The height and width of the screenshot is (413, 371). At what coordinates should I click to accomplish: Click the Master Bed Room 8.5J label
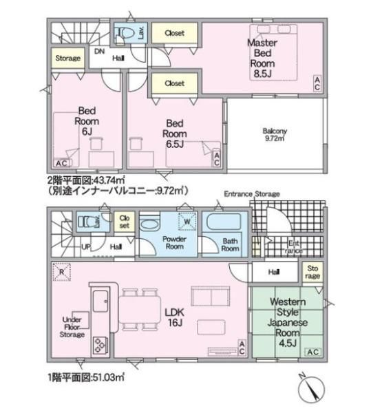tap(262, 59)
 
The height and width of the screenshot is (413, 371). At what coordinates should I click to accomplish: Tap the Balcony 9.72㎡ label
tap(275, 134)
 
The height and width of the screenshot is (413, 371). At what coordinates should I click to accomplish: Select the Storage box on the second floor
tap(68, 58)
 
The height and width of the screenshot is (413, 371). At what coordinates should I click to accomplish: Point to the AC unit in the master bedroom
tap(317, 83)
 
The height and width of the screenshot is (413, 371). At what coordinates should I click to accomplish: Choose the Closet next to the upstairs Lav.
tap(175, 33)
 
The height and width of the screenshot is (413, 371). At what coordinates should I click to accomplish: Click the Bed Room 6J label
tap(87, 121)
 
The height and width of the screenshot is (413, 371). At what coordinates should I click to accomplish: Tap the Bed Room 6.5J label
tap(175, 134)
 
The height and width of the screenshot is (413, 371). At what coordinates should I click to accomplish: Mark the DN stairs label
tap(99, 52)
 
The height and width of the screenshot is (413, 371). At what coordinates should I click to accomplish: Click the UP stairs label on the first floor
tap(86, 247)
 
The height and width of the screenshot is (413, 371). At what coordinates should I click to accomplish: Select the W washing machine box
tap(187, 221)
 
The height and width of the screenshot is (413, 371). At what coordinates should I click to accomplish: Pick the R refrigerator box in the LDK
tap(62, 272)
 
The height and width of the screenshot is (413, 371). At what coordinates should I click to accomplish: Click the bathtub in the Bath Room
tap(224, 222)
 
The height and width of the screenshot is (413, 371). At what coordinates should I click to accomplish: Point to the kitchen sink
tap(100, 301)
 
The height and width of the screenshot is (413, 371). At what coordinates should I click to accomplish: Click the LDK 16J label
tap(174, 317)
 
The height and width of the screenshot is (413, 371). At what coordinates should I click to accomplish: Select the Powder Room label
tap(174, 242)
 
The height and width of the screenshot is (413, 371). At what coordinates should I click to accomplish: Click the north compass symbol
tap(312, 389)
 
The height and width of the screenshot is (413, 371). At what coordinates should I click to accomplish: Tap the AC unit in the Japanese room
tap(313, 352)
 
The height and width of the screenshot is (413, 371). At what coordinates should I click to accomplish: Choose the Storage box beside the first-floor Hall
tap(312, 272)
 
